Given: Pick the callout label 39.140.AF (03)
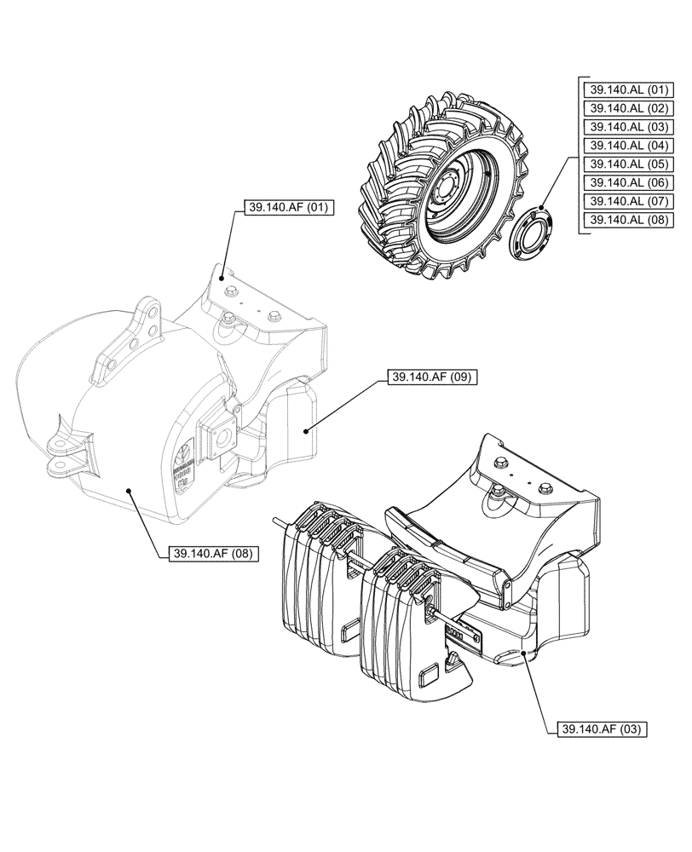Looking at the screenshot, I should tap(603, 729).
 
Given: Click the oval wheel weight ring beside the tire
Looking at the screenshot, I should tap(532, 231).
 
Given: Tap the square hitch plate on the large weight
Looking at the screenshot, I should tap(219, 438).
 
